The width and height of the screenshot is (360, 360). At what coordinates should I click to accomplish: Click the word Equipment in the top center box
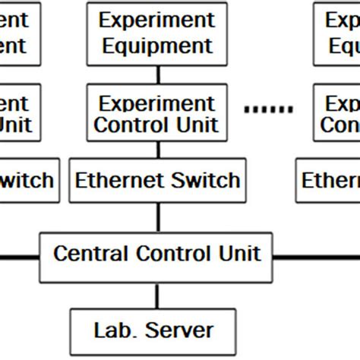pos(157,46)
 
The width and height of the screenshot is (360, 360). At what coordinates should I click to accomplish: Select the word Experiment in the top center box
pos(157,20)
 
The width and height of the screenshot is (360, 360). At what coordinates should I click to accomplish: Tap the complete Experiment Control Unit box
pos(157,113)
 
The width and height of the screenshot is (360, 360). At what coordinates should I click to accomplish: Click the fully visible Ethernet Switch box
pos(157,181)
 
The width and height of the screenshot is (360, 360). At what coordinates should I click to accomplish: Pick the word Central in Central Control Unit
pos(90,253)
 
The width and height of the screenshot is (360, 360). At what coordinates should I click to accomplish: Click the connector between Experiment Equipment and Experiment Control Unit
pos(157,74)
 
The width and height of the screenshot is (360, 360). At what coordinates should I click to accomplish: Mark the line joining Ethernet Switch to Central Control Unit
pos(157,217)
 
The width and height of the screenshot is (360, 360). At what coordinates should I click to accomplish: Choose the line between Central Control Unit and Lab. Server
pos(157,295)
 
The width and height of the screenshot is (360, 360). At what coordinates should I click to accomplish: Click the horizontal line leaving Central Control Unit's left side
pos(19,257)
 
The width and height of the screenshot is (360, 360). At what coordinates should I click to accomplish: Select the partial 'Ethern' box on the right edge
pos(328,181)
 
